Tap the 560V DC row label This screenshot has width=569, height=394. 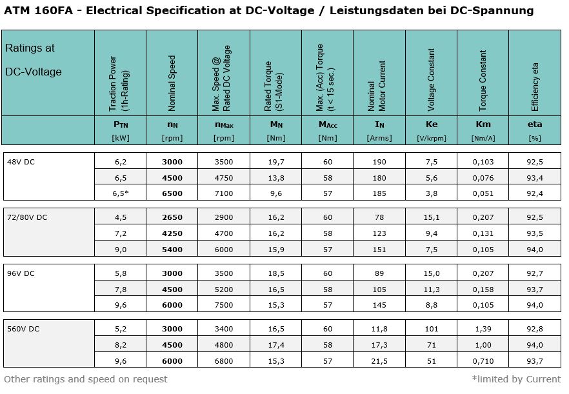click(25, 329)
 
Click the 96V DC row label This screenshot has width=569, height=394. click(22, 273)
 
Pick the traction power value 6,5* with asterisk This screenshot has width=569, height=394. click(121, 193)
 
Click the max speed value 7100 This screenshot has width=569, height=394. click(224, 193)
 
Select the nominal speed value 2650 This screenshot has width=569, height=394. click(172, 218)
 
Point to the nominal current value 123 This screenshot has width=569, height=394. click(379, 233)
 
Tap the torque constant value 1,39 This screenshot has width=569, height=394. click(483, 330)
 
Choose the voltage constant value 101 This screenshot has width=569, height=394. click(431, 330)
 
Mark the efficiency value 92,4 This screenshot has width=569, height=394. click(535, 193)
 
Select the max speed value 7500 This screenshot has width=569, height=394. click(224, 305)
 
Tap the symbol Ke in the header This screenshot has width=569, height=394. click(431, 125)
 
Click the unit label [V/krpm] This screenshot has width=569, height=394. click(431, 137)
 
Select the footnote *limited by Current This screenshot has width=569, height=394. click(516, 379)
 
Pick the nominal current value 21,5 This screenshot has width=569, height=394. click(379, 361)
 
